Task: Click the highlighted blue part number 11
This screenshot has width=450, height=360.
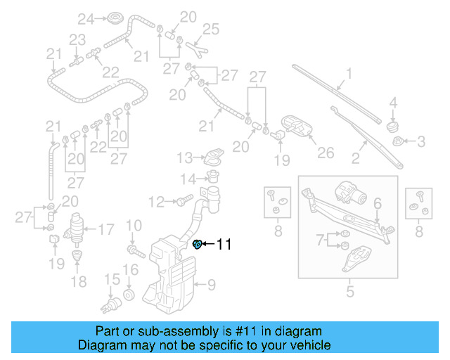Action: (198, 244)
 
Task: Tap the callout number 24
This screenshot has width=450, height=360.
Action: (85, 18)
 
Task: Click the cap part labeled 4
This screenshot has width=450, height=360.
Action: (393, 125)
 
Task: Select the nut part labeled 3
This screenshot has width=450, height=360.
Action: (399, 142)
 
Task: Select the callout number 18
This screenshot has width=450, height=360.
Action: (79, 281)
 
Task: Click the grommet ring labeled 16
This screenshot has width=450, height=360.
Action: (129, 293)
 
